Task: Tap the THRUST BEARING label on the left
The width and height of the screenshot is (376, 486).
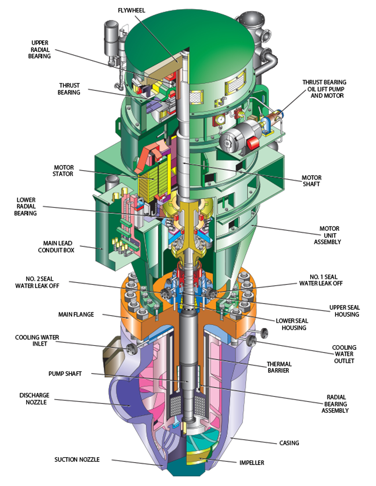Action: pos(69,89)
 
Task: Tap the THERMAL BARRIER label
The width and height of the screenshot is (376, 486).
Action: pos(279,368)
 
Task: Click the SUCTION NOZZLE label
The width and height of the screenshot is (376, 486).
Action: pos(77,459)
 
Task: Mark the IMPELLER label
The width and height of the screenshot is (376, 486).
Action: pos(251,463)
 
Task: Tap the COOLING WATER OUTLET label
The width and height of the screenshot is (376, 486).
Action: pos(344,354)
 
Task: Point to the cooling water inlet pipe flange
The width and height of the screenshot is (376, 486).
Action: pos(131,348)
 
